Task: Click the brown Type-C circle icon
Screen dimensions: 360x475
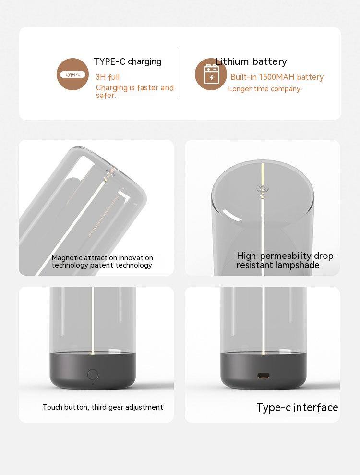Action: [x=72, y=74]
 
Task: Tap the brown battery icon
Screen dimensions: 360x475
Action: [x=211, y=74]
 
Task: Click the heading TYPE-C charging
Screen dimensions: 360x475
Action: [x=128, y=61]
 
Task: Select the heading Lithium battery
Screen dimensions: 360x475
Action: [x=251, y=61]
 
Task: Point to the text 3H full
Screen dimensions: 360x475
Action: [x=108, y=77]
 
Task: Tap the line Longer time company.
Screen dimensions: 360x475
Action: [x=265, y=89]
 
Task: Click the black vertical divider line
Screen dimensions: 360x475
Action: [x=180, y=73]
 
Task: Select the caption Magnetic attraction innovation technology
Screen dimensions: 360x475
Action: [x=102, y=261]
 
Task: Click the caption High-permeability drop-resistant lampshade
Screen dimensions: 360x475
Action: [x=287, y=260]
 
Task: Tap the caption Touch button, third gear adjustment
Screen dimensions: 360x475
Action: [x=103, y=407]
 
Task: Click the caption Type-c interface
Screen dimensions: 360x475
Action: [x=297, y=407]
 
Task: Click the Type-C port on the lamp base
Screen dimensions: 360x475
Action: [x=264, y=376]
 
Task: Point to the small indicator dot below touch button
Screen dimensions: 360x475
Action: [x=93, y=384]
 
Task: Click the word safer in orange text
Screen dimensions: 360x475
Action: [x=106, y=96]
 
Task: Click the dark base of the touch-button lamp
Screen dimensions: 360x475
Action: [x=93, y=371]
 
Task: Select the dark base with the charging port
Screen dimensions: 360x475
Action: [x=264, y=371]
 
